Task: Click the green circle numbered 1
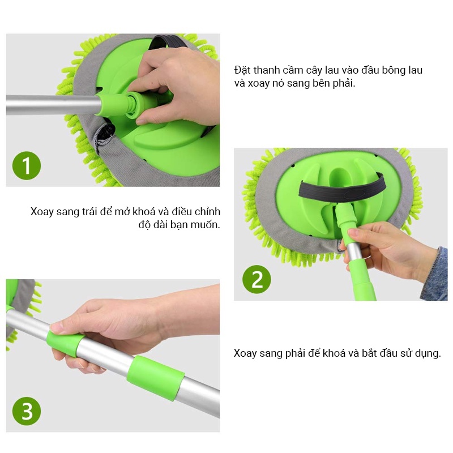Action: (x=27, y=165)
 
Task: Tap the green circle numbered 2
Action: (x=257, y=279)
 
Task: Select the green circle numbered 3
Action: (x=27, y=411)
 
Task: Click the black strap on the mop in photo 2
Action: (x=343, y=191)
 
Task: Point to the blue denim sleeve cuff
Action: (x=435, y=275)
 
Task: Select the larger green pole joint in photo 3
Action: (x=155, y=378)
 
